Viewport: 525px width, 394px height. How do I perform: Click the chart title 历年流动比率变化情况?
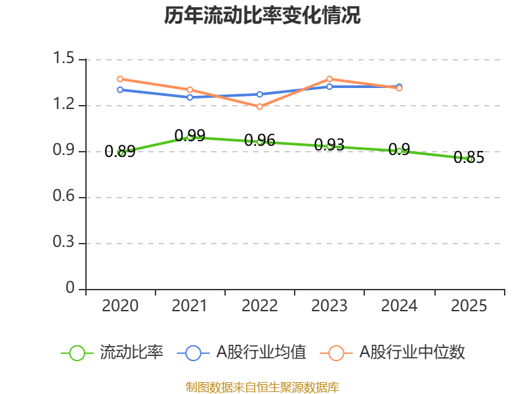(262, 16)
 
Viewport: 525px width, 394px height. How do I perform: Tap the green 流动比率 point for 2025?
(469, 159)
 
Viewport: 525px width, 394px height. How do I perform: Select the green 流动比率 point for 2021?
(190, 137)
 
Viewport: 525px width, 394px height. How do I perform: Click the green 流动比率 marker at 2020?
(120, 152)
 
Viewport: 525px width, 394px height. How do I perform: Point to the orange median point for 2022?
(260, 106)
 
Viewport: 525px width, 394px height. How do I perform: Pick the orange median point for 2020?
(120, 79)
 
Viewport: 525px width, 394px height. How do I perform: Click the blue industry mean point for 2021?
(190, 97)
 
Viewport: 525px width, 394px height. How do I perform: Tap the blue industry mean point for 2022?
(260, 94)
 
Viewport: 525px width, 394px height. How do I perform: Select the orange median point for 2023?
(329, 79)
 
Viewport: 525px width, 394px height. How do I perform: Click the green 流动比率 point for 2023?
(329, 146)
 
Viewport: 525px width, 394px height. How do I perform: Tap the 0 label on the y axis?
(72, 290)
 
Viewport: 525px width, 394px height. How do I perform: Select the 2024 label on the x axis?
(399, 306)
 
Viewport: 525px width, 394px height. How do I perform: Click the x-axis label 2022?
(260, 306)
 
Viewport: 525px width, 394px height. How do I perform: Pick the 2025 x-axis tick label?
(469, 306)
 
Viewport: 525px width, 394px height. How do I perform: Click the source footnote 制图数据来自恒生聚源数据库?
(262, 387)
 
